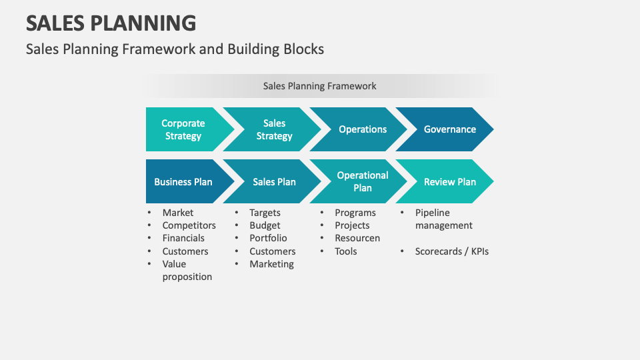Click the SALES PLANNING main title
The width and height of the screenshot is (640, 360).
[x=111, y=23]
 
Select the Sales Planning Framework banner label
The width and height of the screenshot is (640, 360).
[x=319, y=86]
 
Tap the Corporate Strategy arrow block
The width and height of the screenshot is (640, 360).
[x=183, y=129]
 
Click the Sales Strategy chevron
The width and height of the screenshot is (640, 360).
[x=274, y=129]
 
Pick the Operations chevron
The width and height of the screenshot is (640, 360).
[x=362, y=129]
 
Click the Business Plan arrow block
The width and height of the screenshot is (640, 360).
[x=183, y=181]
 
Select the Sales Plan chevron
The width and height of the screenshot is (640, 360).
[x=274, y=181]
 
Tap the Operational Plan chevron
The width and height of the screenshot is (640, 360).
[x=362, y=181]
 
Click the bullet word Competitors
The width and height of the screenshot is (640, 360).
[x=189, y=225]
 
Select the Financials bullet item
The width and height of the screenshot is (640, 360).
[x=183, y=238]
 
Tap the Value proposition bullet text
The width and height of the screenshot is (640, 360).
[x=187, y=270]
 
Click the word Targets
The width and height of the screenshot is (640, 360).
[x=265, y=213]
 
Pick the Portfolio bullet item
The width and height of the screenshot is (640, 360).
[x=268, y=238]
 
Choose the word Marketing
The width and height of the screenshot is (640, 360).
[x=271, y=264]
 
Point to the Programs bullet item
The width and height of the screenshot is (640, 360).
[x=355, y=213]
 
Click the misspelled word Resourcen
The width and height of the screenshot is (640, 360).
[x=357, y=238]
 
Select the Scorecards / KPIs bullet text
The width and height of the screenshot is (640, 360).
[x=451, y=251]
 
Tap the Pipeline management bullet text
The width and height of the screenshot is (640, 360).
[x=443, y=219]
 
